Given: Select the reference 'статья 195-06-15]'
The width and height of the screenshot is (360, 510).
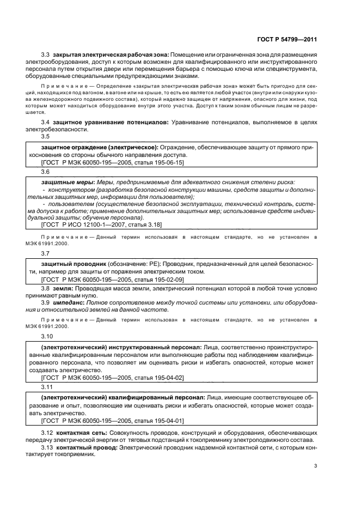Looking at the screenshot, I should coord(158,162).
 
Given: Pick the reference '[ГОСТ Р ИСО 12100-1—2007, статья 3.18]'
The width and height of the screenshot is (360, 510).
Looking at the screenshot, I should coord(101,224).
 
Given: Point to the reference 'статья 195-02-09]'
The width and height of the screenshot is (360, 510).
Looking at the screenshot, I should coord(158,279).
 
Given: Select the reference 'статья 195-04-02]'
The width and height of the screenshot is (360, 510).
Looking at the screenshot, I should coord(158,377).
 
